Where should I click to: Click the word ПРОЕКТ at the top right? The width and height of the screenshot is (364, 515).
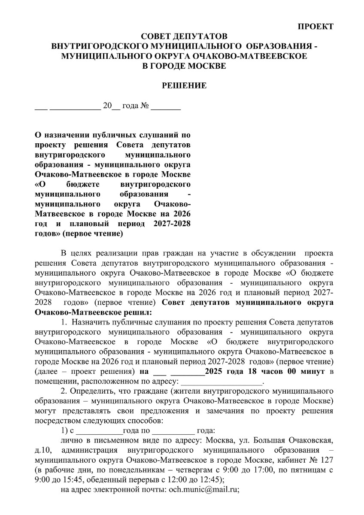(x=316, y=27)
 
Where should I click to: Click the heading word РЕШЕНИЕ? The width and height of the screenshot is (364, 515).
(x=184, y=86)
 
